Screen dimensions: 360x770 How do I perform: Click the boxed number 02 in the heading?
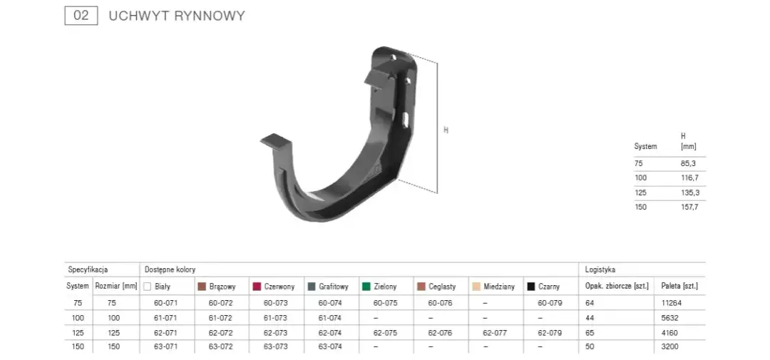pos(81,15)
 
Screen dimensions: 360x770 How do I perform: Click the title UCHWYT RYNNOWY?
pos(177,16)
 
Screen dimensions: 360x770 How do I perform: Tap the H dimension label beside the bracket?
pos(446,130)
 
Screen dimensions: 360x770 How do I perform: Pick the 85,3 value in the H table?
pos(689,163)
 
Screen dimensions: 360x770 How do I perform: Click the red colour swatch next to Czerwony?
pos(257,287)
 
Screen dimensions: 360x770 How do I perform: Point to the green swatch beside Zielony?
pos(366,287)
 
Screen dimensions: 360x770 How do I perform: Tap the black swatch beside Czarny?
pos(530,287)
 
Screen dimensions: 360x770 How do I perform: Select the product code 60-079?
pos(550,303)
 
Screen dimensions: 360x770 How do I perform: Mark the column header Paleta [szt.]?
pos(679,287)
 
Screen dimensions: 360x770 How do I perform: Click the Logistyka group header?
pos(600,270)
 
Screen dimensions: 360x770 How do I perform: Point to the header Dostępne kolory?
pos(170,270)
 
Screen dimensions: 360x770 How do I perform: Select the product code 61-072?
pos(221,317)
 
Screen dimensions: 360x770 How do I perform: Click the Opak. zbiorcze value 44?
pos(590,317)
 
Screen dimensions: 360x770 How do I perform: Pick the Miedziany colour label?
pos(498,287)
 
